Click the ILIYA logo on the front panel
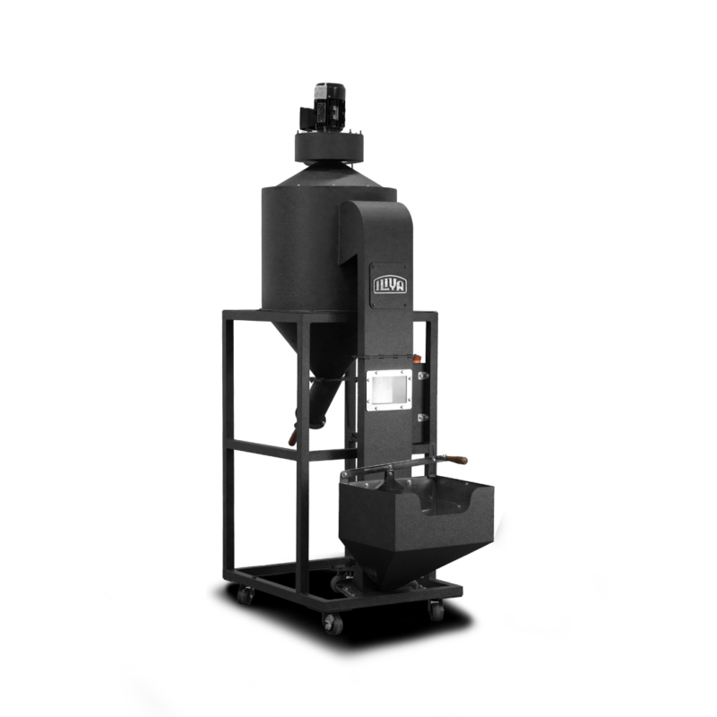pos(390,284)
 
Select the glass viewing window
pos(389,389)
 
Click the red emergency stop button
pos(417,359)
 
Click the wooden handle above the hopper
pos(456,460)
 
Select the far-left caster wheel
pos(245,595)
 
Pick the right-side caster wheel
pos(436,610)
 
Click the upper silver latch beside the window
pos(423,376)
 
